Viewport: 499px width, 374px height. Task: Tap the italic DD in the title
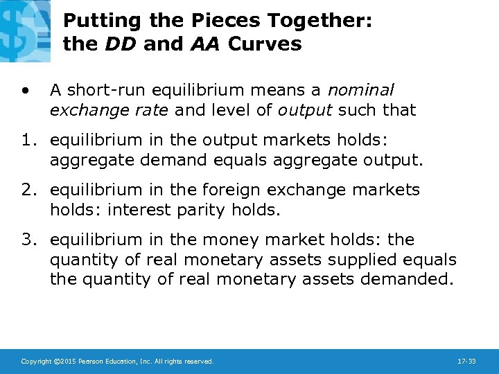[x=116, y=44]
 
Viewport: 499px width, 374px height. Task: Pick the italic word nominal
[x=360, y=90]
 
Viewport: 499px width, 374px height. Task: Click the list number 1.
[x=28, y=141]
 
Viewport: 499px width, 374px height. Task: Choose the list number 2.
[x=28, y=190]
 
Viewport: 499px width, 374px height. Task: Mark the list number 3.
[x=28, y=240]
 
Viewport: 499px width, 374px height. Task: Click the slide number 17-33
[x=467, y=362]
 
